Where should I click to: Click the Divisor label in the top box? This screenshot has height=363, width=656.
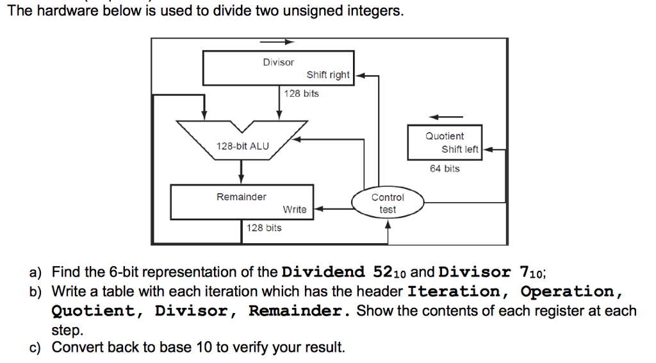(278, 62)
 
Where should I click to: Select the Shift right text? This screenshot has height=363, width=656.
(328, 75)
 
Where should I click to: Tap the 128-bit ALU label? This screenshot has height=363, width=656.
(243, 146)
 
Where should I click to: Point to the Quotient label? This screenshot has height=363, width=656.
(445, 136)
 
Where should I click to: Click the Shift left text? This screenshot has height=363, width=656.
(460, 149)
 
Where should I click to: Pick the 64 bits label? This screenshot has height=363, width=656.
(445, 169)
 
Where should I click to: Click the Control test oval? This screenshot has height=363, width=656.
(388, 203)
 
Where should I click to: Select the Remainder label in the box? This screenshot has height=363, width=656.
(242, 197)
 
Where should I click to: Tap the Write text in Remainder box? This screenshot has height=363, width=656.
(295, 209)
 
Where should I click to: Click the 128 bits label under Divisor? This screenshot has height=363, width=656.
(302, 94)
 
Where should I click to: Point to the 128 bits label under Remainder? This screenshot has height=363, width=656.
(264, 228)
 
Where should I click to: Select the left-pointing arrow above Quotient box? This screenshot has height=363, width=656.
(446, 117)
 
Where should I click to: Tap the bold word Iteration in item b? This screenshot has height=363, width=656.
(454, 291)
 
